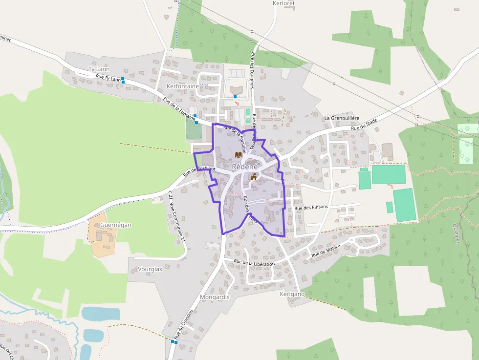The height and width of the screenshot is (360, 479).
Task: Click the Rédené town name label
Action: pos(244,167)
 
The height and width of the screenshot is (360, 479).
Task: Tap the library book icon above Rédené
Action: pos(238,154)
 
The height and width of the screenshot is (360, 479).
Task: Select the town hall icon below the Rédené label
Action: pos(254,177)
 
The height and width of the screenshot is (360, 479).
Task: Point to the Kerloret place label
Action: pos(283,3)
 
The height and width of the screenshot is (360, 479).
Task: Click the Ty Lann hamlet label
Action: pos(99,69)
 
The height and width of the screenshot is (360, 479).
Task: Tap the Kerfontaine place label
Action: pos(183,86)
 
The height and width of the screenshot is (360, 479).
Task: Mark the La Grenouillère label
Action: pos(342,118)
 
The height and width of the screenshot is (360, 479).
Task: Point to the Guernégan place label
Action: pos(115,225)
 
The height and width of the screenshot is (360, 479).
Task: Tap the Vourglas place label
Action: pos(150,269)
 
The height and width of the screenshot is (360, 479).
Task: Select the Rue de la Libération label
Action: pos(254,263)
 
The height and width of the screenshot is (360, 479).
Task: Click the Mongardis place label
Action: pos(215,297)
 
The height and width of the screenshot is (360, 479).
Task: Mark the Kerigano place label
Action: pos(292,294)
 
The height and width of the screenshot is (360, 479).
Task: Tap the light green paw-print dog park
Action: pos(468,142)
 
